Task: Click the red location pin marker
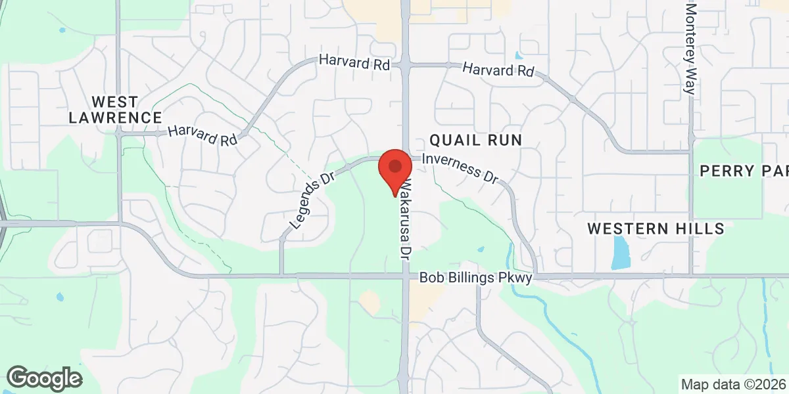coord(395,168)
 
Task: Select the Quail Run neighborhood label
coord(475,139)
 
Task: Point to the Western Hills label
coord(656,229)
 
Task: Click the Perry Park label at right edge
coord(744,171)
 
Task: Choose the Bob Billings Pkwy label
coord(475,278)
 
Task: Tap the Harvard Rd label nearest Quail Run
coord(498,70)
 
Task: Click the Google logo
coord(44,378)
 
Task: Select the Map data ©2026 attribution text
coord(733,384)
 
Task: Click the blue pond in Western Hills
coord(620,252)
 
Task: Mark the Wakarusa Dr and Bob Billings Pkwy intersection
coord(406,276)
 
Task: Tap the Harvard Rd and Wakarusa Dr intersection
coord(406,64)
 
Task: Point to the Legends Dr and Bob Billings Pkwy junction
coord(281,275)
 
